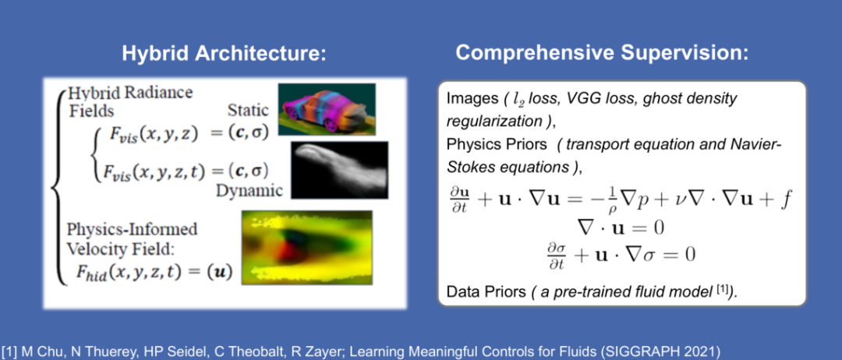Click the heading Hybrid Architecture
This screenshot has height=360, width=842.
pos(224,54)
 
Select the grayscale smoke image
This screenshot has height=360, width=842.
pos(339,170)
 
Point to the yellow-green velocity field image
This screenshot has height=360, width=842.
pos(307,247)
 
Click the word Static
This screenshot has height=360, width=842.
pos(248,111)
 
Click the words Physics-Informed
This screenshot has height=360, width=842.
pos(132,230)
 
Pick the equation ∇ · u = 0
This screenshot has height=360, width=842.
pos(621,228)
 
